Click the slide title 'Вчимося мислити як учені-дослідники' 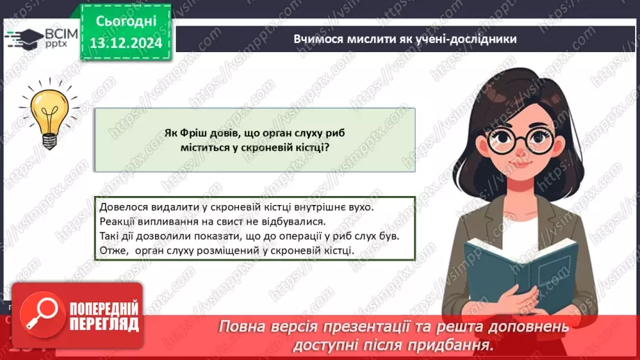pos(405,39)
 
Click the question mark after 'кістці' pos(327,147)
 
